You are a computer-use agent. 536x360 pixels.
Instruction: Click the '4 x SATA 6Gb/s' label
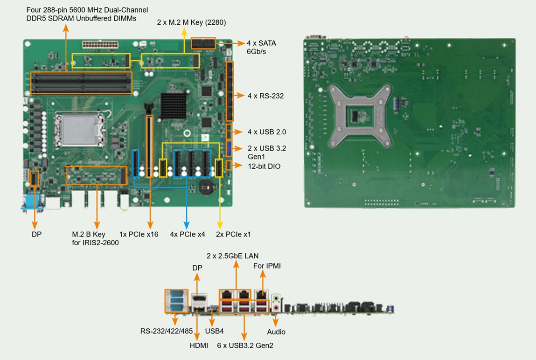(261, 47)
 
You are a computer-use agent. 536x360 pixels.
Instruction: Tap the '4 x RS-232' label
(265, 96)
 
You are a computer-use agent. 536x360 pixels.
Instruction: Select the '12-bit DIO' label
(264, 166)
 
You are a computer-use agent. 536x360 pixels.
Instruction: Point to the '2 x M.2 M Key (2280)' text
(191, 22)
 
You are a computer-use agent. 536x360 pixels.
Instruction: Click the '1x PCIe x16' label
(139, 234)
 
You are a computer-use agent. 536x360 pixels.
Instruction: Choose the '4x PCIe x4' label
(188, 234)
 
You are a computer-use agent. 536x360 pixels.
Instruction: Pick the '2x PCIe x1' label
(233, 234)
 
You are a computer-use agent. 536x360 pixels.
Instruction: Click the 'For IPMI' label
(267, 266)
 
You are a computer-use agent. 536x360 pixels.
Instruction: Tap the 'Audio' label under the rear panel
(276, 332)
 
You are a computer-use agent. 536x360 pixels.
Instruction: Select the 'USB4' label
(215, 332)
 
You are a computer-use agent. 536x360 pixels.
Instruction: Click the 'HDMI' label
(198, 346)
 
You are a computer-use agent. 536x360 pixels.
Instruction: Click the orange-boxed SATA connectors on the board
(203, 44)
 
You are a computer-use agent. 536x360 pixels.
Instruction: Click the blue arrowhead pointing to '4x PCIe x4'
(187, 223)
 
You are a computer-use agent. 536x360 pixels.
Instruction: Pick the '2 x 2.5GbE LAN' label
(232, 256)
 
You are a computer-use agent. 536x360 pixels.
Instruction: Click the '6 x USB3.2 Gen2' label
(245, 346)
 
